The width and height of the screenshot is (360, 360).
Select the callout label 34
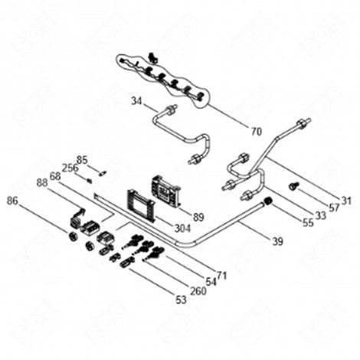tap(136, 101)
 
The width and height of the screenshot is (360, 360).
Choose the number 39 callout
tap(277, 241)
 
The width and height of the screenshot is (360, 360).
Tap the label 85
tap(83, 159)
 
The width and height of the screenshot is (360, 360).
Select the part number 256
tap(70, 169)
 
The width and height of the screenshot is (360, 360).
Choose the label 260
tap(198, 290)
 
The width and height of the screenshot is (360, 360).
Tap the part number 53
tap(181, 300)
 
